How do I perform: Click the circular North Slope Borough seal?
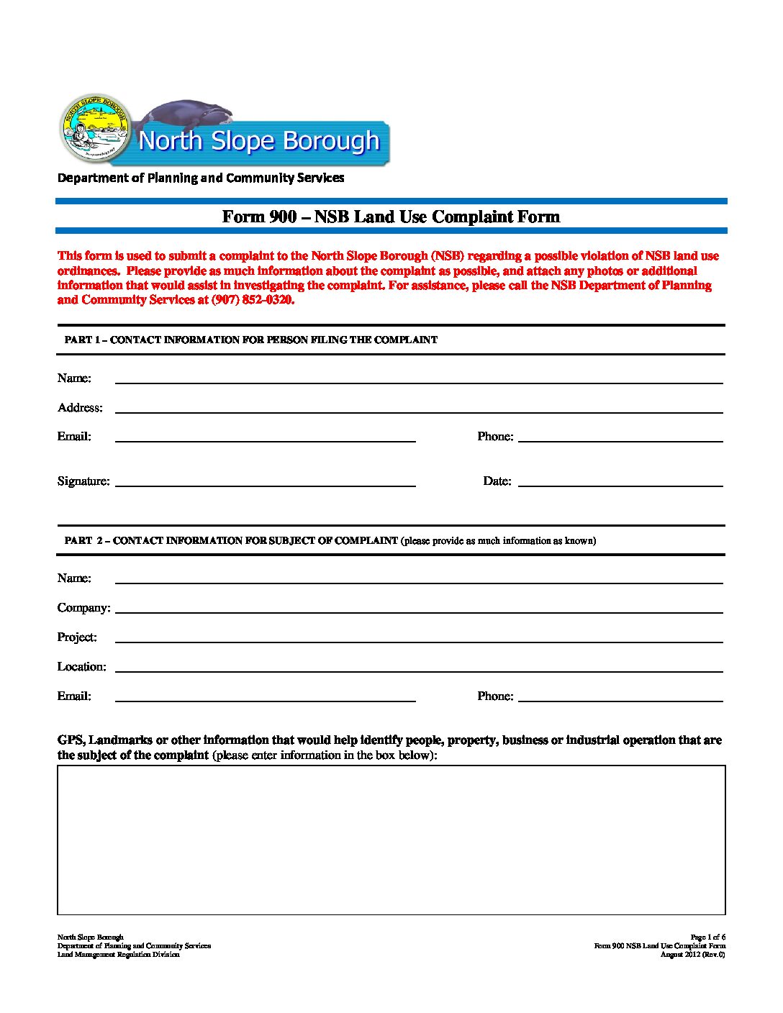(95, 130)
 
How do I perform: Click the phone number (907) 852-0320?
(253, 300)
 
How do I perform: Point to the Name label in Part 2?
(74, 578)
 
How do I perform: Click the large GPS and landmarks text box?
(391, 840)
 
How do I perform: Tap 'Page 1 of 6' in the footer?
(707, 937)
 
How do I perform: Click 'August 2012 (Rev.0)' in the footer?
(692, 955)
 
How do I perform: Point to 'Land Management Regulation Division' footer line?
(118, 955)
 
